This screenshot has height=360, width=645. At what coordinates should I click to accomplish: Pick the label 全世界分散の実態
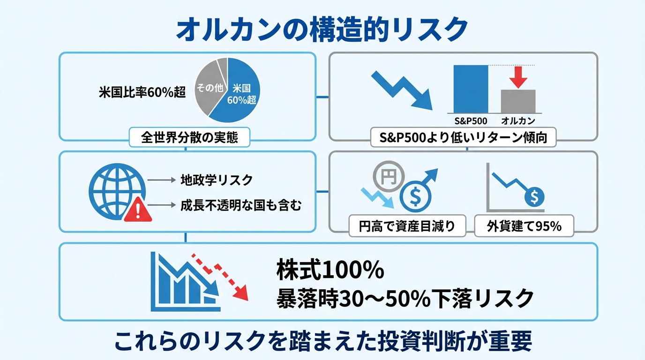(x=189, y=137)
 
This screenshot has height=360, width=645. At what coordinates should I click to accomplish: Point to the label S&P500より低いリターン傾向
(x=463, y=138)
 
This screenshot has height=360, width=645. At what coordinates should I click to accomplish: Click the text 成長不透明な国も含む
(x=241, y=205)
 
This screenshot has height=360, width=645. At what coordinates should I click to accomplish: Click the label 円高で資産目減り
(x=407, y=226)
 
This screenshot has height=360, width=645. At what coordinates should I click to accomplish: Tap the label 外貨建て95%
(x=524, y=226)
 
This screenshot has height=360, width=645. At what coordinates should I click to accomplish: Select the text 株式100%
(x=330, y=270)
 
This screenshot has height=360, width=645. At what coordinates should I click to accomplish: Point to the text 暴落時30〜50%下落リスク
(x=405, y=297)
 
